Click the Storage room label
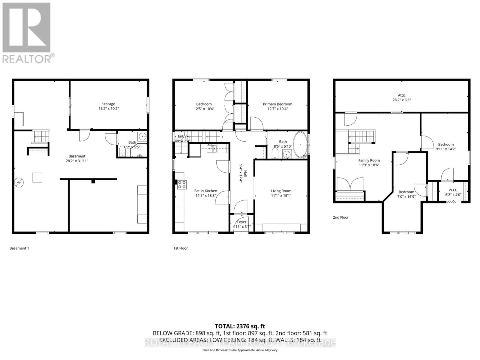pyautogui.click(x=108, y=104)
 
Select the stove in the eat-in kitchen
pyautogui.click(x=181, y=184)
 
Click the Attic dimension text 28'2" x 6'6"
pyautogui.click(x=401, y=100)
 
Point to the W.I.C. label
pyautogui.click(x=453, y=190)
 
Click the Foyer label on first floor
pyautogui.click(x=241, y=222)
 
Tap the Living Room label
pyautogui.click(x=281, y=191)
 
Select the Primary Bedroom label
pyautogui.click(x=277, y=104)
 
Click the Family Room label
pyautogui.click(x=369, y=160)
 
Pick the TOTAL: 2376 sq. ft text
pyautogui.click(x=240, y=326)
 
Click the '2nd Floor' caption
pyautogui.click(x=340, y=217)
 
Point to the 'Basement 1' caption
pyautogui.click(x=19, y=248)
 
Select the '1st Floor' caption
pyautogui.click(x=180, y=248)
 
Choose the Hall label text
pyautogui.click(x=245, y=173)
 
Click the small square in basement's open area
pyautogui.click(x=37, y=178)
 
